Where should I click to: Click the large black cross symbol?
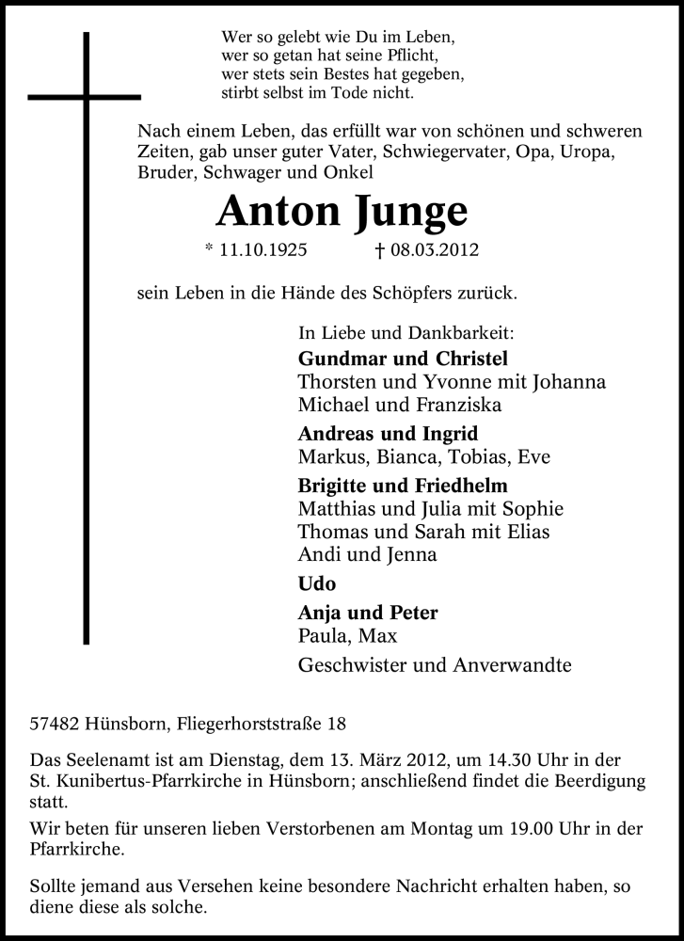click(x=86, y=97)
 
